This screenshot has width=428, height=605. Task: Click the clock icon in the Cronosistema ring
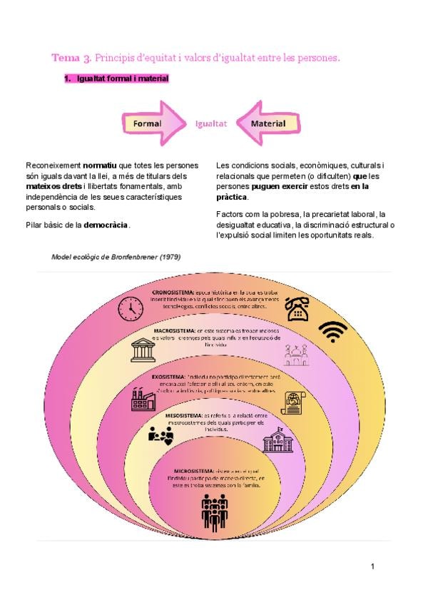pyautogui.click(x=131, y=308)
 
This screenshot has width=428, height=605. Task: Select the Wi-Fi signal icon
pyautogui.click(x=332, y=331)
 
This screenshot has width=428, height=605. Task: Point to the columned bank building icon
pyautogui.click(x=143, y=350)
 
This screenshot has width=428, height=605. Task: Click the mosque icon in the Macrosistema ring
pyautogui.click(x=296, y=354)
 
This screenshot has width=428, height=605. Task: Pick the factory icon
pyautogui.click(x=143, y=397)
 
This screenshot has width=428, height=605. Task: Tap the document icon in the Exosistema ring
pyautogui.click(x=293, y=402)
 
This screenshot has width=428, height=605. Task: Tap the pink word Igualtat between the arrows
pyautogui.click(x=211, y=123)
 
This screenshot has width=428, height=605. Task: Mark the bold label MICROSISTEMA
pyautogui.click(x=193, y=471)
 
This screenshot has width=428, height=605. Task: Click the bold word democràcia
pyautogui.click(x=106, y=225)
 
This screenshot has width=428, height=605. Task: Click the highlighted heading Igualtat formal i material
pyautogui.click(x=122, y=78)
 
